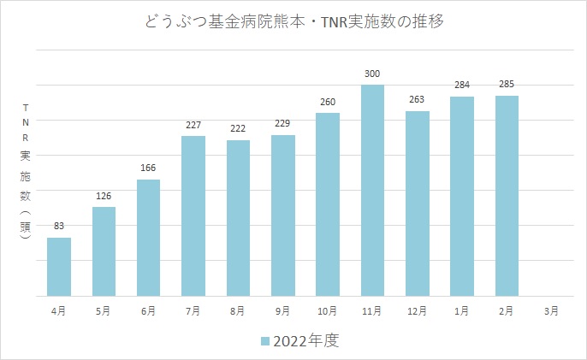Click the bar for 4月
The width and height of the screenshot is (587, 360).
[x=59, y=266]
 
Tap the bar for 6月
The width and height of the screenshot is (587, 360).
[x=149, y=237]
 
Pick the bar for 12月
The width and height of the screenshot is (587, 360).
[x=418, y=203]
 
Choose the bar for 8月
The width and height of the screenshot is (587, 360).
[x=238, y=217]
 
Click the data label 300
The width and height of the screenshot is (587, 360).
[x=372, y=75]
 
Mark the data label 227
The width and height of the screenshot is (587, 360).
[x=193, y=126]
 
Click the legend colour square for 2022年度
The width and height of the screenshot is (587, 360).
[x=265, y=340]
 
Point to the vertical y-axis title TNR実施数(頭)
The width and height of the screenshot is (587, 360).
[x=26, y=174]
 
